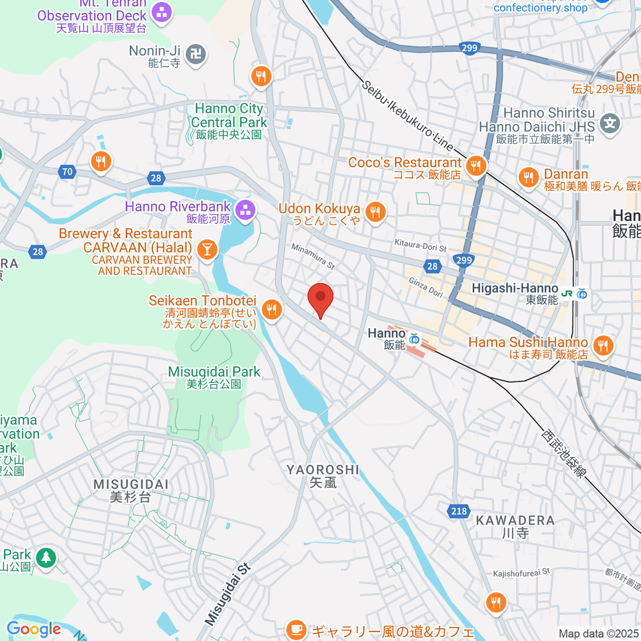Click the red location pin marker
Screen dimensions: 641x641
click(x=320, y=298)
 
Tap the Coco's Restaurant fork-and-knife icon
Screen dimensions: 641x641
click(x=475, y=166)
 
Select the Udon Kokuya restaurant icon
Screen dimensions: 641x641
click(x=376, y=212)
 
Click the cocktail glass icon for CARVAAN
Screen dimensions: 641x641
click(x=207, y=249)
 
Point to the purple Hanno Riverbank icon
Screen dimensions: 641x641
click(x=245, y=209)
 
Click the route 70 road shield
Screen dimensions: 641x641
click(x=67, y=171)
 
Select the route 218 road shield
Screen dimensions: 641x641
click(x=459, y=511)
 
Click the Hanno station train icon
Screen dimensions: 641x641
click(x=413, y=338)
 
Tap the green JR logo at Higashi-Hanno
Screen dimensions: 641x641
click(x=567, y=293)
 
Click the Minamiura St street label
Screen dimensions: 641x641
click(x=313, y=256)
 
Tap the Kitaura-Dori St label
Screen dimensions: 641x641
click(x=420, y=245)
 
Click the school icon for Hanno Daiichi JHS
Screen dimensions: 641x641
click(x=609, y=123)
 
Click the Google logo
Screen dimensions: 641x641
click(x=34, y=629)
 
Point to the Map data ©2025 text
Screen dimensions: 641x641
click(x=598, y=634)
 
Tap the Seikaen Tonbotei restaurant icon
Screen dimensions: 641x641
click(x=272, y=309)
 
